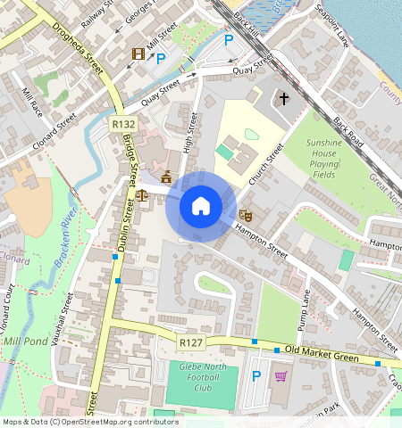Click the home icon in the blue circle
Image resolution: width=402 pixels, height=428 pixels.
coord(201,207)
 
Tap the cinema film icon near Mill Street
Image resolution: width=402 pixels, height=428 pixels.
coord(138,55)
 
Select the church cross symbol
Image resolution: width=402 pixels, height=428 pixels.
coord(285,98)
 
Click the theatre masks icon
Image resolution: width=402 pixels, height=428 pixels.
coord(245,214)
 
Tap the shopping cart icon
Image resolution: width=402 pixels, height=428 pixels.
coord(281,377)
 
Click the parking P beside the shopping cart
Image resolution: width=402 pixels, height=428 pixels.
coord(257,377)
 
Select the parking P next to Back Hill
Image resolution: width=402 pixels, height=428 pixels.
coord(229,40)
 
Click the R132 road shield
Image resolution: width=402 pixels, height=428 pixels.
coord(124,124)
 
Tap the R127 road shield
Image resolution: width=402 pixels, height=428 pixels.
coord(189,342)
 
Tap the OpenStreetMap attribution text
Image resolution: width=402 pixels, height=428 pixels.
coord(89,422)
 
